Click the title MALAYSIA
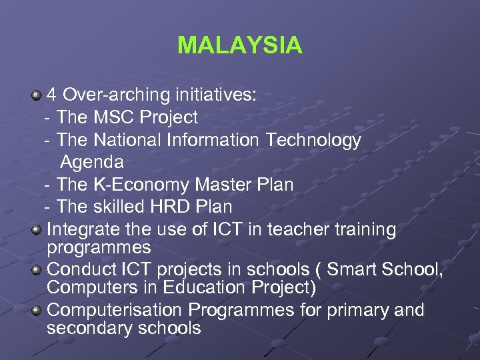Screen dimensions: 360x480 [239, 45]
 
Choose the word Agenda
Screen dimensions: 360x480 [92, 162]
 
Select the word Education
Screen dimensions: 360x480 [199, 287]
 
